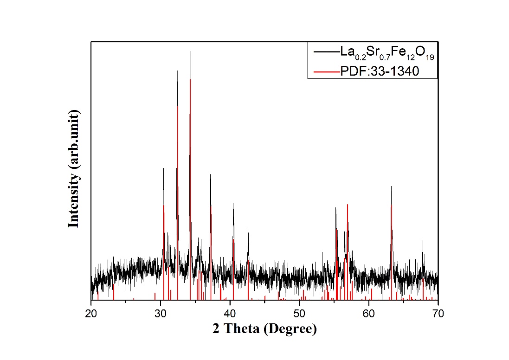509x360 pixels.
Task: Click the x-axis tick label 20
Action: (91, 314)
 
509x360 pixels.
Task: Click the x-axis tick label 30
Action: (161, 314)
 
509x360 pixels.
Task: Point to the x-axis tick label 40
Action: (230, 314)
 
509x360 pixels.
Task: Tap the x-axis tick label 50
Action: (299, 314)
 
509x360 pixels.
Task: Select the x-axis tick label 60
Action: (369, 314)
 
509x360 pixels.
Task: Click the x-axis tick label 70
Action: (438, 314)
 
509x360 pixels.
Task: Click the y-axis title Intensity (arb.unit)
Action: (74, 169)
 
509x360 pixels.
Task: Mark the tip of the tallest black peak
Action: (190, 51)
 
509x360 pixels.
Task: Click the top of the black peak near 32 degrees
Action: (177, 71)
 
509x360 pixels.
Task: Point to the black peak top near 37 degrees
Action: (210, 174)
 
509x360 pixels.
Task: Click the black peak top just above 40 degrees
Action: (233, 203)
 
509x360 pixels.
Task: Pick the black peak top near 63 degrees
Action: (391, 186)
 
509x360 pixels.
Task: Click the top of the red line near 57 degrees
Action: (347, 204)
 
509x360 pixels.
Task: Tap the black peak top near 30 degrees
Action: (163, 168)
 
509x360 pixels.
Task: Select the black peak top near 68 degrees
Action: (423, 240)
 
